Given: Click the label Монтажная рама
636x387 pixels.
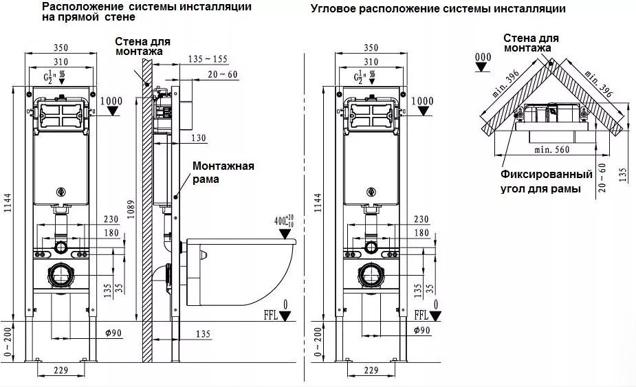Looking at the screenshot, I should (x=223, y=173).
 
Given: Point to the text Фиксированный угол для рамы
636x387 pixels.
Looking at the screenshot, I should (x=547, y=181).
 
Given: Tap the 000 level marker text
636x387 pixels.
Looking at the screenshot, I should (x=483, y=57).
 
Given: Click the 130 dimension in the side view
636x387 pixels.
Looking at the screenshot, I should (x=199, y=138).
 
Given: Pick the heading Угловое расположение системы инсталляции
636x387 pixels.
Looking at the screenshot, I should (x=438, y=9).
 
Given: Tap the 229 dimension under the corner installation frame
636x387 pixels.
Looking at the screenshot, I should (x=371, y=371).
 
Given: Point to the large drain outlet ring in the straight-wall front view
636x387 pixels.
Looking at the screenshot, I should (x=61, y=276).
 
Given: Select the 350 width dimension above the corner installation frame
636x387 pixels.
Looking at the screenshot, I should (x=371, y=49).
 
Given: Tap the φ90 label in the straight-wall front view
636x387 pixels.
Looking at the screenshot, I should (x=113, y=333).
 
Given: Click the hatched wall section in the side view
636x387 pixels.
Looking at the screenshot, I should (x=146, y=206).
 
